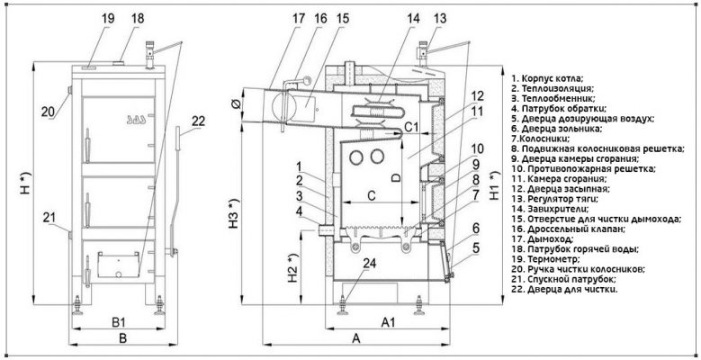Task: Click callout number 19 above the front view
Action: (107, 18)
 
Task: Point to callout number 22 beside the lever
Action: (198, 121)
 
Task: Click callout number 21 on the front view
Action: (51, 217)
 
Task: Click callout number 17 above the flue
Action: (274, 18)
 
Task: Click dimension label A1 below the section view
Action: (390, 320)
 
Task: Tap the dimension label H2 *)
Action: (293, 264)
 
